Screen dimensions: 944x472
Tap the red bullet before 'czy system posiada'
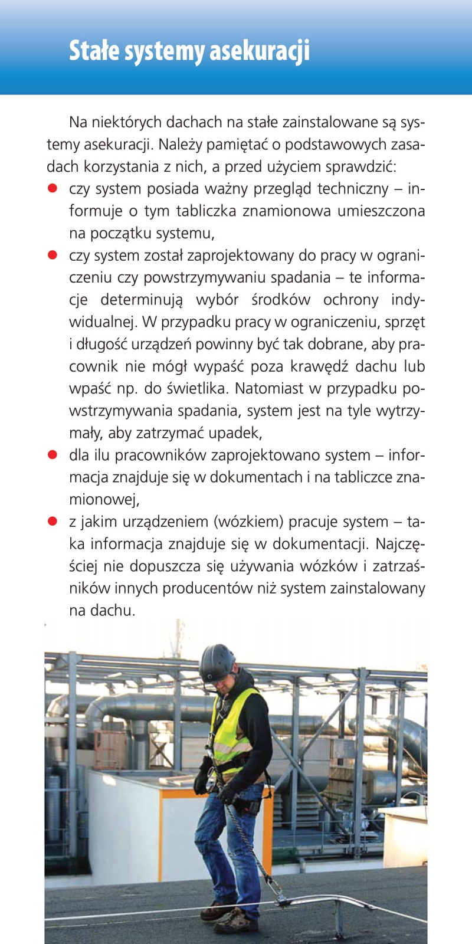tap(52, 189)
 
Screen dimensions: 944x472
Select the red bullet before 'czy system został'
tap(52, 255)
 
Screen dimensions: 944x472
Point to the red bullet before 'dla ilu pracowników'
tap(52, 455)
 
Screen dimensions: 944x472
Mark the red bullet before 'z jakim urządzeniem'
tap(52, 522)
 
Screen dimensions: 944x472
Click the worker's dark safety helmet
tap(217, 662)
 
